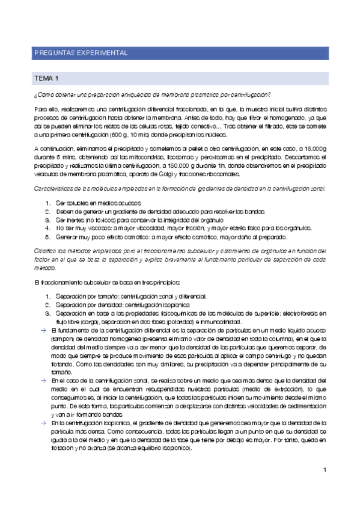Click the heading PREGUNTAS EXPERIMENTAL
(80, 53)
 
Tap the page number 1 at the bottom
(324, 470)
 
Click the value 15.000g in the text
(314, 148)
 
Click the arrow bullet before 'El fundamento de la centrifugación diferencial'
(43, 331)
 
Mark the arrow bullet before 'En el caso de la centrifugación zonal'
(43, 381)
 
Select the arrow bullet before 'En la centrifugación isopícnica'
(43, 423)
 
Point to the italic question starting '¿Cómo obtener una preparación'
(152, 95)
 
